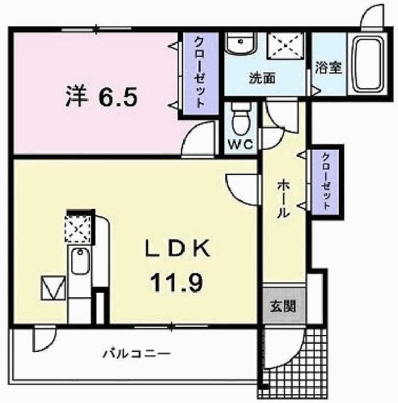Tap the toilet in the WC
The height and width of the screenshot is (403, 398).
[x=241, y=118]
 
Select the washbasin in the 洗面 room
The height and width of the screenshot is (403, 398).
[x=241, y=43]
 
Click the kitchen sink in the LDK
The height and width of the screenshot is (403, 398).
[x=81, y=261]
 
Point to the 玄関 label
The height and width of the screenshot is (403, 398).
[x=283, y=306]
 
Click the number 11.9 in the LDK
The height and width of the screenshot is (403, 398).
[x=177, y=283]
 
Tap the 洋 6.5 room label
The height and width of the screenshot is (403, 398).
[x=101, y=97]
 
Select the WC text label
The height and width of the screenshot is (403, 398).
[x=241, y=145]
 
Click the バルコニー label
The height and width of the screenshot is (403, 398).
[x=137, y=353]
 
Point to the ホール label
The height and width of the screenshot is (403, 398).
[x=283, y=199]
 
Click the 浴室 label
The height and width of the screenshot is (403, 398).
[x=328, y=68]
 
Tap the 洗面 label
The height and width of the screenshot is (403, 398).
[x=262, y=77]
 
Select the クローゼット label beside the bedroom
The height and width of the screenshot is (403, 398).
[x=200, y=72]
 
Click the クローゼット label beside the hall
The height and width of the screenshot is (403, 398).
[x=326, y=181]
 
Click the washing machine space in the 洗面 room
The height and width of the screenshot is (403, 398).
[x=286, y=46]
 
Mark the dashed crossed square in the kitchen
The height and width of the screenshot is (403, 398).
[x=78, y=229]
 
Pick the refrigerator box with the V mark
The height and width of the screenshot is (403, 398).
[x=53, y=288]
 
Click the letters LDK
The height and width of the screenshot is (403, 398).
[x=178, y=248]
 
